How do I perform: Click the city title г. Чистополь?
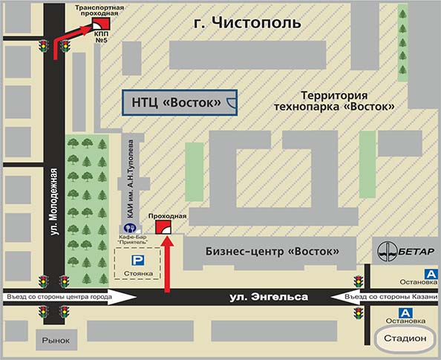coord(247,22)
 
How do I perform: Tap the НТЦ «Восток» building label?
coord(177,102)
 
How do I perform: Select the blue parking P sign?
coord(138,261)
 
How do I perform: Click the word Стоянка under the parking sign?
coord(138,273)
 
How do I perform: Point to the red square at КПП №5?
coord(101,24)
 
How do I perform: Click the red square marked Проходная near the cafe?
coord(163,227)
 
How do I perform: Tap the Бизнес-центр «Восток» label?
coord(272,251)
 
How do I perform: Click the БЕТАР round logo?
coord(388,252)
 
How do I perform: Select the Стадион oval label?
coord(405,338)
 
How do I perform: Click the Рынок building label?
coord(56,341)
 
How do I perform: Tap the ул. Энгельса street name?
coord(269,298)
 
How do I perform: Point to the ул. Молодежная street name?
coord(54,202)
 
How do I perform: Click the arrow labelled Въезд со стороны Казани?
coord(384,297)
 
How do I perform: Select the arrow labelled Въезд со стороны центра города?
coord(70,297)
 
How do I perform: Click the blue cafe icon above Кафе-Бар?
coord(130,228)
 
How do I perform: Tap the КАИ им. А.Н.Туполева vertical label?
coord(130,179)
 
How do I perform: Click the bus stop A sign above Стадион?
coord(405,313)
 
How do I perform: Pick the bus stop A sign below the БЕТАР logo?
coord(431,274)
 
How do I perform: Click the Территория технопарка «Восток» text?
coord(334,101)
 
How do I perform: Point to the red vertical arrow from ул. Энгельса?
coord(167,264)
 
